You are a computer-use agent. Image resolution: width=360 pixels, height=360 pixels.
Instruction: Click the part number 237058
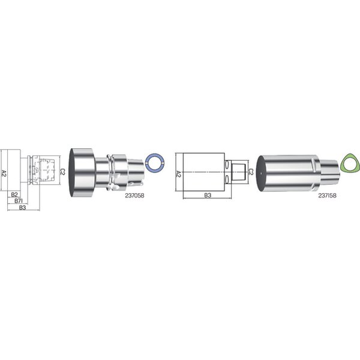coord(134,196)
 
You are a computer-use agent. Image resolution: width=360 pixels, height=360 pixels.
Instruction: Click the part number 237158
coord(327,196)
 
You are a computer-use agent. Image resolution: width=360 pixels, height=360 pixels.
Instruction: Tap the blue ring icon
coord(155,163)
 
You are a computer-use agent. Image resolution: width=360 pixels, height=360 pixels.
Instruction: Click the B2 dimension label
coord(14,194)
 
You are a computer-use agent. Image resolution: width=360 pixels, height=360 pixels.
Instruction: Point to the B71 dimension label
coord(19,201)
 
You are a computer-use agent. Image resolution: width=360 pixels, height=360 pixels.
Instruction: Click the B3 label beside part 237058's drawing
coord(22,208)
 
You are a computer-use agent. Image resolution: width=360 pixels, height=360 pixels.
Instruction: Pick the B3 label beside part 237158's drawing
coord(208,196)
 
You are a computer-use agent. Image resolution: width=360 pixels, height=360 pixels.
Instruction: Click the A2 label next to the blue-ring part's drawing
coord(4,170)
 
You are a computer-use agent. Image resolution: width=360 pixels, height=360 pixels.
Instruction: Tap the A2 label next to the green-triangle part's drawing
coord(178,173)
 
